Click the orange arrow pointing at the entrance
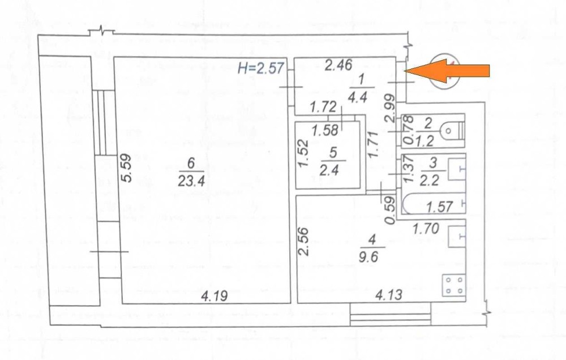point(447,71)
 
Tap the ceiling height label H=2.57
point(260,67)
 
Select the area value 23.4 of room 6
point(191,180)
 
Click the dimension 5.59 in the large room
point(126,168)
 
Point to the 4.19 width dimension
point(215,296)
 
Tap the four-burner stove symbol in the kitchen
point(454,285)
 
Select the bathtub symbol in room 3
point(433,204)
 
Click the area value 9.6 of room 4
point(368,257)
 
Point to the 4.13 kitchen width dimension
point(389,295)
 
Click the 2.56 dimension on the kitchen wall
point(304,241)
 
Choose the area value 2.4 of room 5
point(329,170)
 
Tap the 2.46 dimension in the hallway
point(338,65)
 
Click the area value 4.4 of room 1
point(358,97)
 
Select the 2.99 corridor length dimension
point(389,108)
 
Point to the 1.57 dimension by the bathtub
point(439,207)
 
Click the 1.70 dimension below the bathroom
point(426,228)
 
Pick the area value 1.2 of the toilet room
point(424,140)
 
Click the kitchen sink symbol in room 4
point(457,237)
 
